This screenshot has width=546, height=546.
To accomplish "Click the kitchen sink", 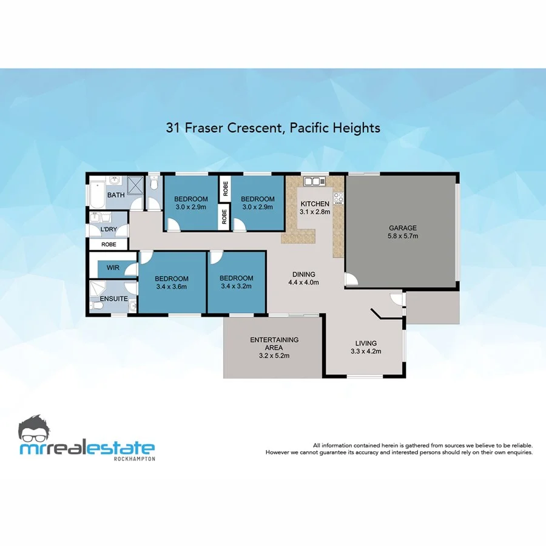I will point(315,181).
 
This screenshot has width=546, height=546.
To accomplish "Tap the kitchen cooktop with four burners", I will point(339,197).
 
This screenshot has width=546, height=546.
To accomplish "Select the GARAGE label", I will point(403,228).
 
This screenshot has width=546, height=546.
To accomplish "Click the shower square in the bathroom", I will point(136,185).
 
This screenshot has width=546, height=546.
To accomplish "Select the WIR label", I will point(112,268).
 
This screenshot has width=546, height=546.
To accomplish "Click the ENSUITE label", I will point(113,299).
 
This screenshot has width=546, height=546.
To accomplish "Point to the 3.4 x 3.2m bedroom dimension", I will point(237,286).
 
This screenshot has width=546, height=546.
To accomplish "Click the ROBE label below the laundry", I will point(109,244).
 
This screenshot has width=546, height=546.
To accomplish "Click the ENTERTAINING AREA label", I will point(274,344).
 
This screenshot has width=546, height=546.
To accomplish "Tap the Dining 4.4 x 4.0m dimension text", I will point(303,282).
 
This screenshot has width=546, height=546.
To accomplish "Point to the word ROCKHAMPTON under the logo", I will point(135,459).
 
